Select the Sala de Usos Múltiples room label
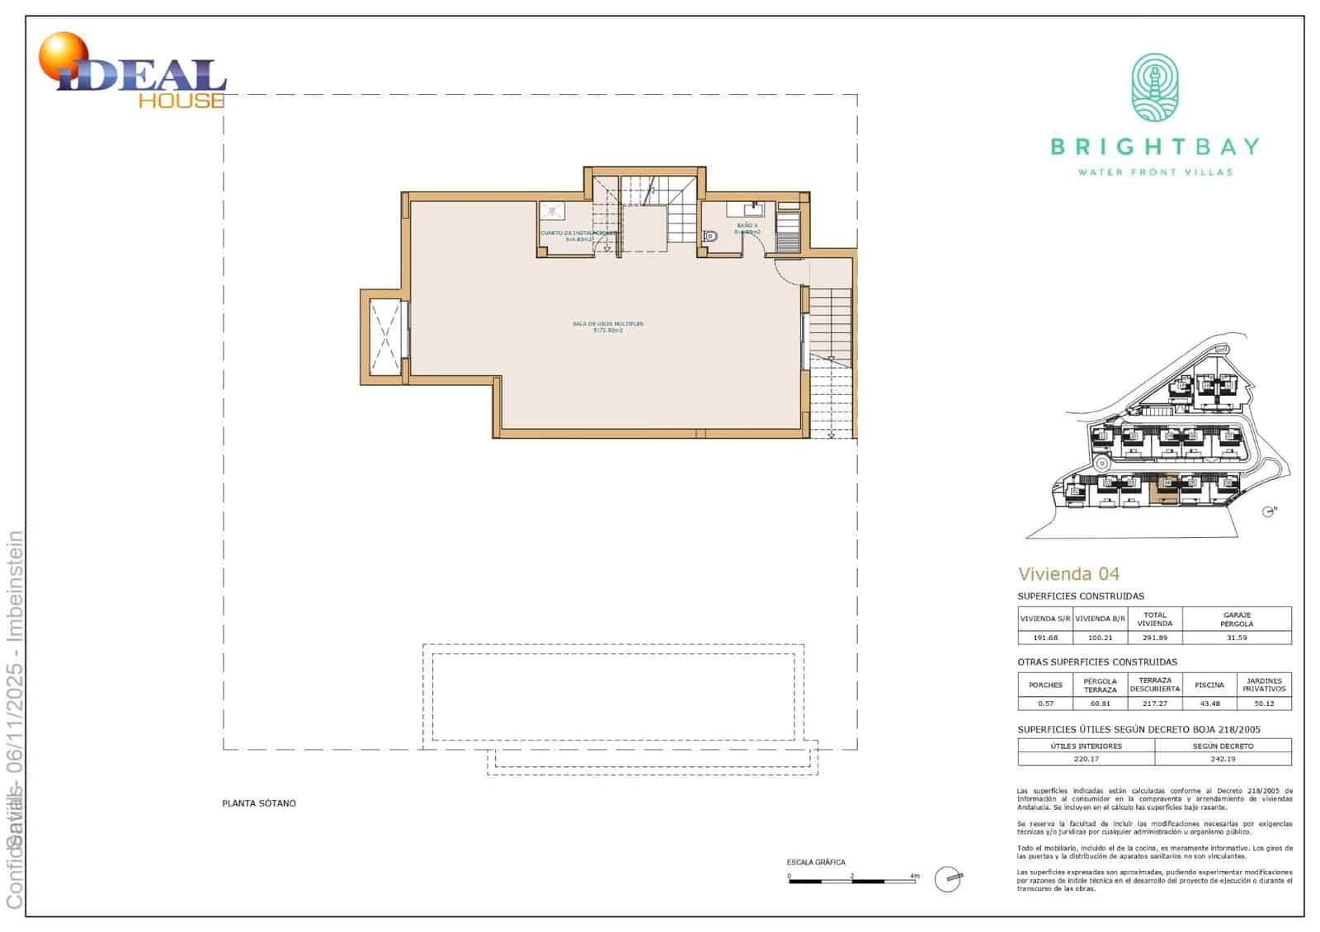coord(608,327)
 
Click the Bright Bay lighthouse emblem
coord(1154,88)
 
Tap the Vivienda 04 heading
coord(1068,574)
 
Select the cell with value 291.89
coord(1154,638)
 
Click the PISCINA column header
coord(1209,685)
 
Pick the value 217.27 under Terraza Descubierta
coord(1154,704)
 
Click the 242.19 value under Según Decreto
coord(1223,759)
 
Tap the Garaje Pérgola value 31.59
coord(1237,638)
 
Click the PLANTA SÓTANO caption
coord(259,803)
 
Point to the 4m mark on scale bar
coord(914,876)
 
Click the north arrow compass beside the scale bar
coord(949,879)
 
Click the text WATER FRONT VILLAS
coord(1155,172)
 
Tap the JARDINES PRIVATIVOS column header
coord(1264,685)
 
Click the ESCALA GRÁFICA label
coord(816,862)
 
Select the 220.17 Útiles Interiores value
coord(1086,759)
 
